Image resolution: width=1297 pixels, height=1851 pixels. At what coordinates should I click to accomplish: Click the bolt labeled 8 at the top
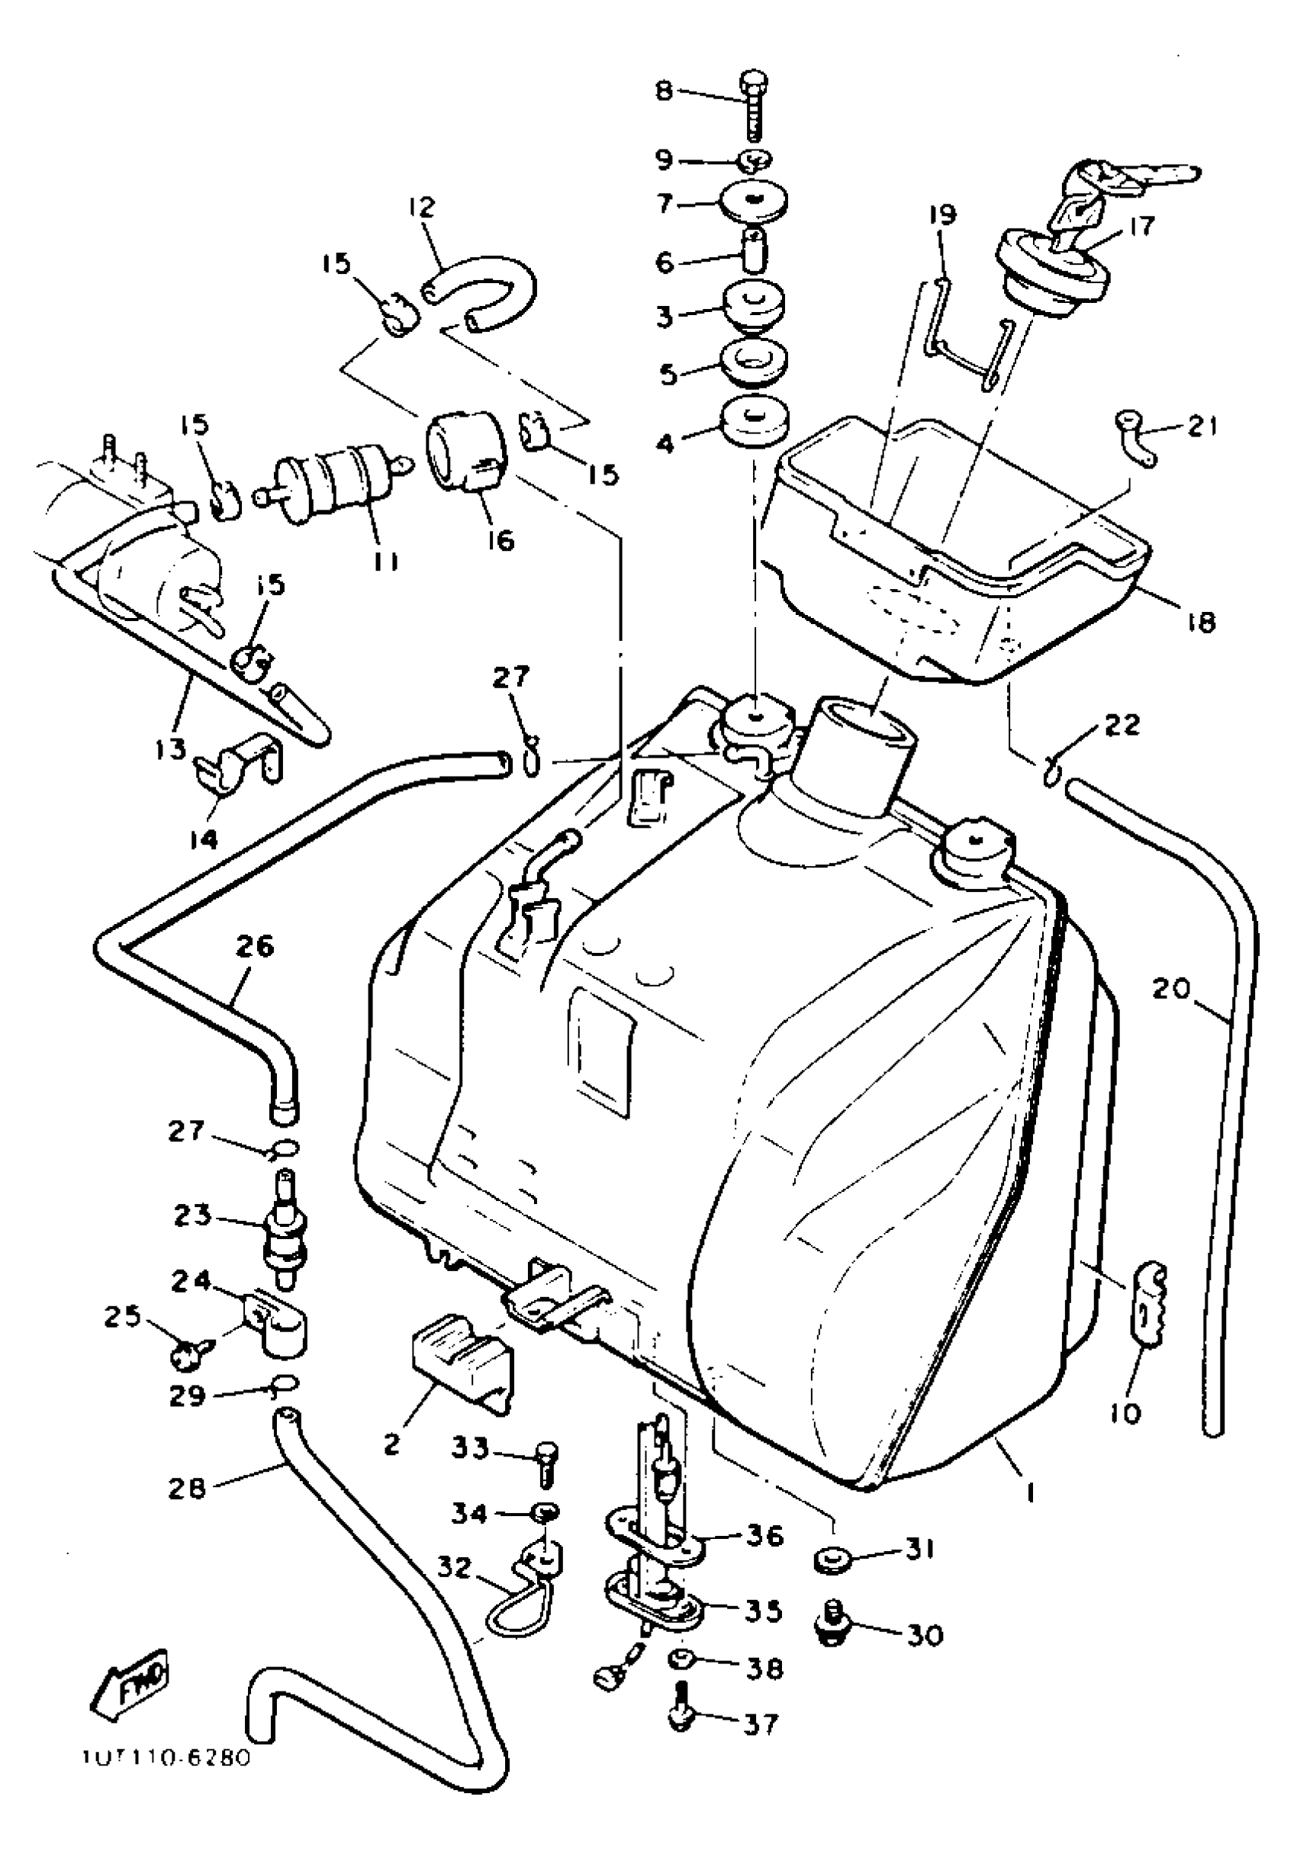(x=753, y=105)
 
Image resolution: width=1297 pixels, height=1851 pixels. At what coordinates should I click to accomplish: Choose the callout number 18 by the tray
(x=1202, y=622)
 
